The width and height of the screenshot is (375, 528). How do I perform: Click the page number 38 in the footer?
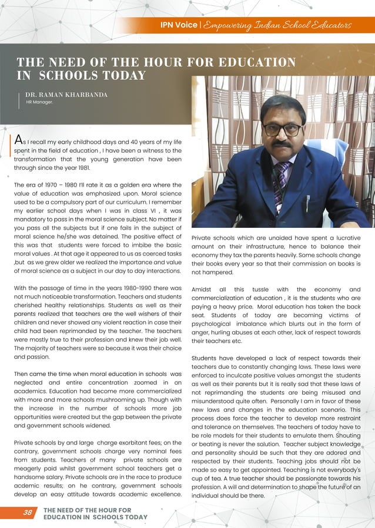coord(28,512)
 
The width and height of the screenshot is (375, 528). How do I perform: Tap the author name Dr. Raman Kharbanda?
coord(66,94)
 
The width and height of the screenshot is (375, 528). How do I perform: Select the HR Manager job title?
coord(39,102)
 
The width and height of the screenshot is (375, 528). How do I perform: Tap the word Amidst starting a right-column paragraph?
coord(203,289)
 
